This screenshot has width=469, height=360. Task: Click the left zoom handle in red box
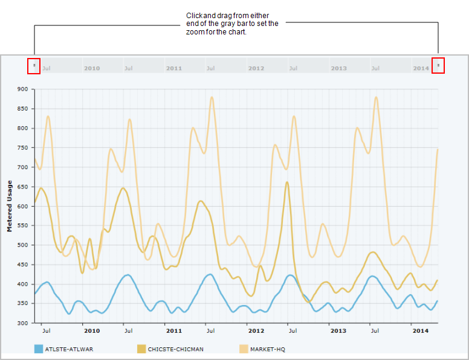click(34, 65)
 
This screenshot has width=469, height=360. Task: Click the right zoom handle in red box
click(438, 65)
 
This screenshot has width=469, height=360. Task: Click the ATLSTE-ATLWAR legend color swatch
click(39, 349)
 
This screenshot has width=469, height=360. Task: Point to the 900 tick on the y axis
click(22, 89)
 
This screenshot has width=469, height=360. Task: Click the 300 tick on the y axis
click(22, 323)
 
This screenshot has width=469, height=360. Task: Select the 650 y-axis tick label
click(22, 187)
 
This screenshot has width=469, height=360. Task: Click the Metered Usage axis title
click(10, 206)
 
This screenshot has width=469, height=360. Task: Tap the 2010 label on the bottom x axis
click(92, 331)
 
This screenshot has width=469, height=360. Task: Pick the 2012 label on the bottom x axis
click(256, 331)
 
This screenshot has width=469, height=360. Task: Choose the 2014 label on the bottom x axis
click(421, 331)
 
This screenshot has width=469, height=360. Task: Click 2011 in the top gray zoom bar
click(174, 68)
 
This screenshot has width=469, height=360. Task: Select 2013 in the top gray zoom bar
click(338, 68)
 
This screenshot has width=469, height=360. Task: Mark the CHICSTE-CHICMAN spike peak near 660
click(287, 182)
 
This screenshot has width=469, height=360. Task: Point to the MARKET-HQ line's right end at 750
click(437, 149)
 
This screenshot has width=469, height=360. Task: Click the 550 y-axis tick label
click(22, 226)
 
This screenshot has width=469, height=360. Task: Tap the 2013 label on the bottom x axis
click(338, 331)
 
